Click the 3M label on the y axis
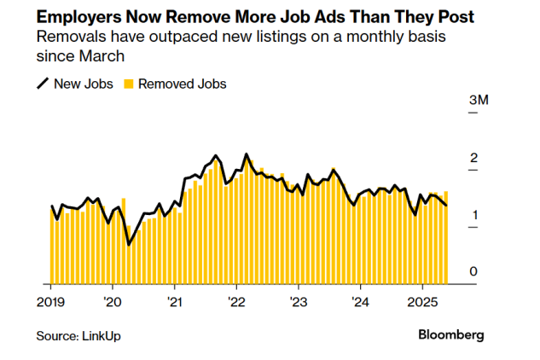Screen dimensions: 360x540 [479, 102]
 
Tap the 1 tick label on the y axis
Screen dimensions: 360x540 [473, 216]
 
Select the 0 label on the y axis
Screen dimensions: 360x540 [473, 272]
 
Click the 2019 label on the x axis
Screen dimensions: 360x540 [51, 302]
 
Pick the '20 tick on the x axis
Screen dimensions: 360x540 [113, 302]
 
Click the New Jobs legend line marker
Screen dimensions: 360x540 [42, 84]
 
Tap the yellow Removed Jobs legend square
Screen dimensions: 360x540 [129, 84]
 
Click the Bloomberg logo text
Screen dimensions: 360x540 [450, 334]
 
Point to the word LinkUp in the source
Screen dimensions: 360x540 [102, 335]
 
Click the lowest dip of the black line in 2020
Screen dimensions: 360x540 [129, 245]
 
